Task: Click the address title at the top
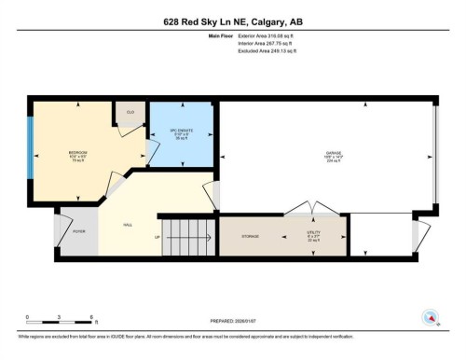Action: click(232, 21)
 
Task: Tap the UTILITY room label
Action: click(314, 237)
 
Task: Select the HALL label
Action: click(127, 225)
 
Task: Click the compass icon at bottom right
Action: click(431, 317)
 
